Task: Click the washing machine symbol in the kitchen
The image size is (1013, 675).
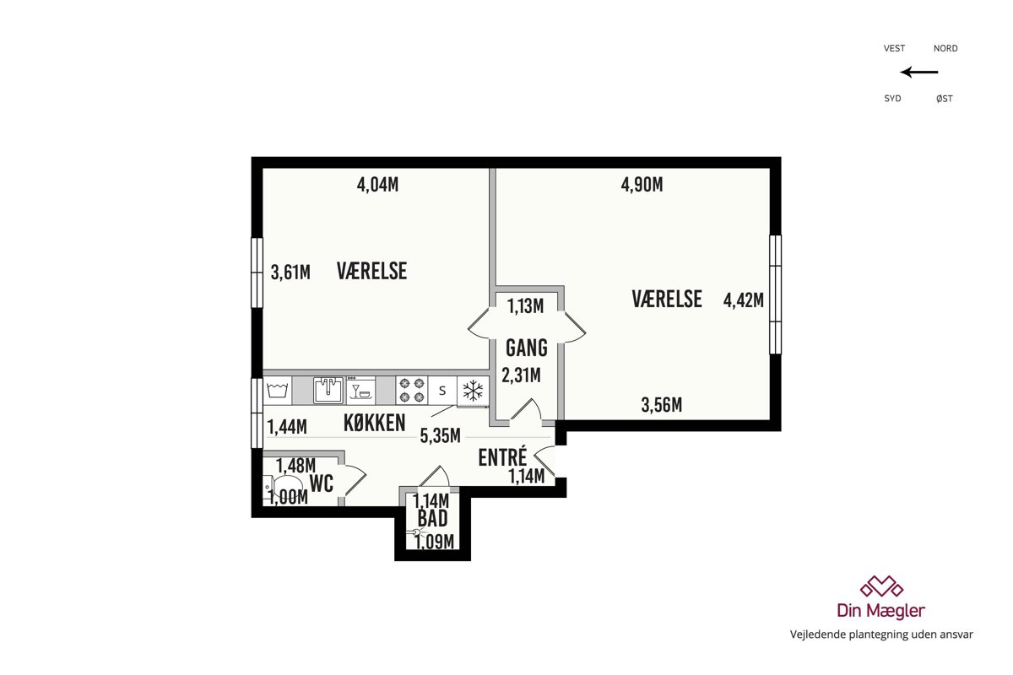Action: point(277,390)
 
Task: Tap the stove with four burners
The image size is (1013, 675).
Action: point(412,390)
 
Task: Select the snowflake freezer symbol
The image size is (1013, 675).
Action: point(473,390)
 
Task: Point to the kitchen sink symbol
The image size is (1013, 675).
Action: point(328,390)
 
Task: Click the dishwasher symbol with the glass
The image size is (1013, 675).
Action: point(361,390)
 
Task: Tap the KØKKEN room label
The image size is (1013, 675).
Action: point(375,424)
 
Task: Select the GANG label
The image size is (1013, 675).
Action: point(527,348)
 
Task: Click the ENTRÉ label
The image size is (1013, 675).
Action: point(503,456)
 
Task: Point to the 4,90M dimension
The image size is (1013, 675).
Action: point(642,185)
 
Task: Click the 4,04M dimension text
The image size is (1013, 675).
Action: point(377,185)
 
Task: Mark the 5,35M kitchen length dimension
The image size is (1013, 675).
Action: point(440,436)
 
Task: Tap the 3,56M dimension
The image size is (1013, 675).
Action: point(662,405)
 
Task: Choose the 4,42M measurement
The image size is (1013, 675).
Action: point(744,300)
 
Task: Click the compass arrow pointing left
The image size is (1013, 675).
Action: point(919,72)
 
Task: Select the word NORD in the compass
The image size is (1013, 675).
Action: point(945,48)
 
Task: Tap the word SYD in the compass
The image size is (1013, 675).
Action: point(893,99)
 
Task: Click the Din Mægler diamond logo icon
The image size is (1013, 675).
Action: point(881,586)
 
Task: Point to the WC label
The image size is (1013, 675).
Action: point(322,483)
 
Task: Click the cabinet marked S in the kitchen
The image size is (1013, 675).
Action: point(442,390)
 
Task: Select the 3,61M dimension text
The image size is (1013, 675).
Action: point(290,273)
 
